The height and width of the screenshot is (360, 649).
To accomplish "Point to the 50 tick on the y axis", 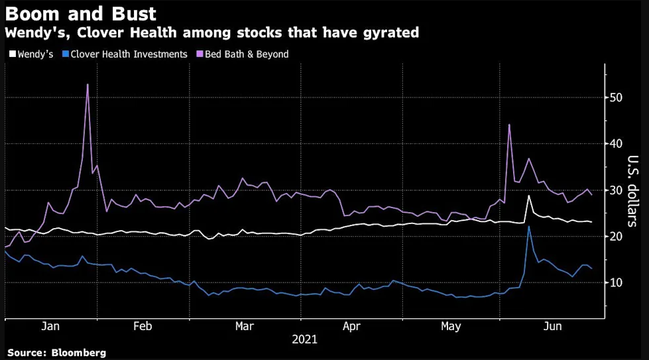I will pos(616,97).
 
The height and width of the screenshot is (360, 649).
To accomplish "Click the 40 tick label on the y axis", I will pos(616,144).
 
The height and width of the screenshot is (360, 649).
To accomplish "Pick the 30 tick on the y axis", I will pos(616,190).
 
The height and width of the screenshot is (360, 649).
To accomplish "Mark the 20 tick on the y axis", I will pos(616,237).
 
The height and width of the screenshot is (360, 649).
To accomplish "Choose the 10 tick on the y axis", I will pos(616,283).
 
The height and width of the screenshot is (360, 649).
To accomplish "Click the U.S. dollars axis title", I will pos(632,192).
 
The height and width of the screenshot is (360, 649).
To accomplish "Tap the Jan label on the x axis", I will pos(50,327).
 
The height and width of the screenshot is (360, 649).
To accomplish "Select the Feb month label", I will pos(143,327).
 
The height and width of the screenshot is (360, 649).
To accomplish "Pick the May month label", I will pos(451,327).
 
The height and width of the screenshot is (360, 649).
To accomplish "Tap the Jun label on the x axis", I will pos(552,327).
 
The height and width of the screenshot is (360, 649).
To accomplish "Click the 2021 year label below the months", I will pos(305,339).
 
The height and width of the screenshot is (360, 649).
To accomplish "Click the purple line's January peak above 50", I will pos(88,84).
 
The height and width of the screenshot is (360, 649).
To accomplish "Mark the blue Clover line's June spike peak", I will pos(528,227).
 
